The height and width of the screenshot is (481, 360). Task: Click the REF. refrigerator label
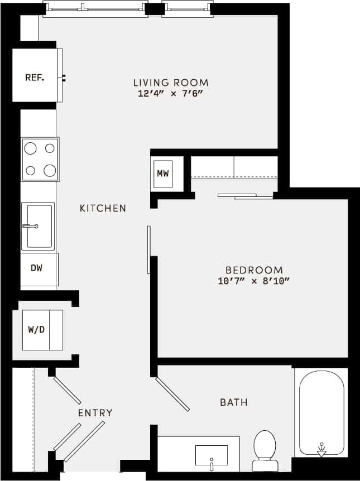coord(35,78)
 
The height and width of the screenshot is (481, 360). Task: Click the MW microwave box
coord(162,174)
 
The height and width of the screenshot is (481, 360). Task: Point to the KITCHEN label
coord(103,209)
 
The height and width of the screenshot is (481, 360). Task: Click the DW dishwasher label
coord(37,268)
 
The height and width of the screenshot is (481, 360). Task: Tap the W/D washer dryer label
coord(36,329)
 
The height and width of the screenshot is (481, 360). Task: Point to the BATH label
coord(233,402)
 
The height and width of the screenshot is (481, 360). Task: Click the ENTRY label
coord(95,413)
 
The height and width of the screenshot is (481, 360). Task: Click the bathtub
coord(321,413)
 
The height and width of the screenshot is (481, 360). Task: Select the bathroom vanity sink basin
coord(211,455)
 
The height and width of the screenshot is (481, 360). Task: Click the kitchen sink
coord(38,226)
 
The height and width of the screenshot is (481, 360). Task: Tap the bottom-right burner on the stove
coord(50,170)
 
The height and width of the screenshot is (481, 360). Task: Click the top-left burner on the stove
coord(31,148)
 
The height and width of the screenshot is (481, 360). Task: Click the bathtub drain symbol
coord(321,449)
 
